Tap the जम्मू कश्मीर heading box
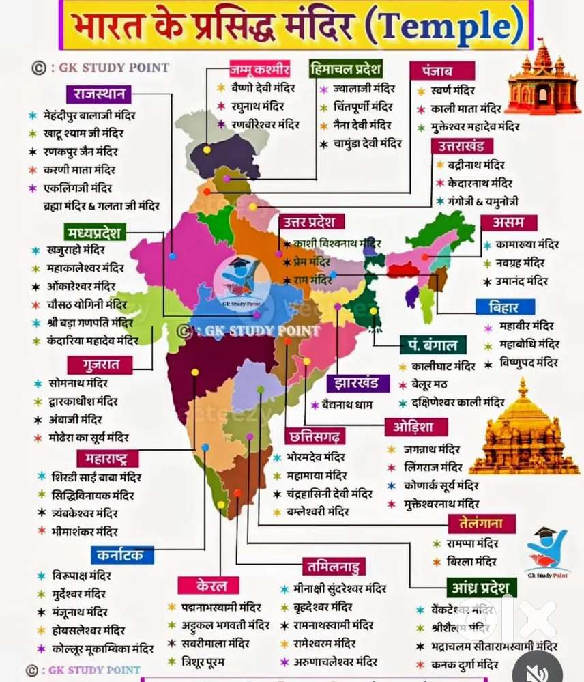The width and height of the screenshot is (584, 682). pyautogui.click(x=260, y=70)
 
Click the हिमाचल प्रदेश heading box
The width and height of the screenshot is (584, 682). pyautogui.click(x=345, y=70)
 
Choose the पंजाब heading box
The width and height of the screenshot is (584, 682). pyautogui.click(x=433, y=71)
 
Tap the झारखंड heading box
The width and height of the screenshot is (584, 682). pyautogui.click(x=358, y=383)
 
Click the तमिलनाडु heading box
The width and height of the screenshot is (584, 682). pyautogui.click(x=334, y=566)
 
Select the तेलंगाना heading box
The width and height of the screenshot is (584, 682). pyautogui.click(x=482, y=524)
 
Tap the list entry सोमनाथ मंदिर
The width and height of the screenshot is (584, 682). pyautogui.click(x=78, y=384)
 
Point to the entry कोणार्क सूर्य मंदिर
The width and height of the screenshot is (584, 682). pyautogui.click(x=439, y=486)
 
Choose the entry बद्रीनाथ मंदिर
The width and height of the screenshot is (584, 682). pyautogui.click(x=476, y=165)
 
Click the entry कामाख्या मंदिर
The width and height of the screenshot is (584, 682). pyautogui.click(x=527, y=244)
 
